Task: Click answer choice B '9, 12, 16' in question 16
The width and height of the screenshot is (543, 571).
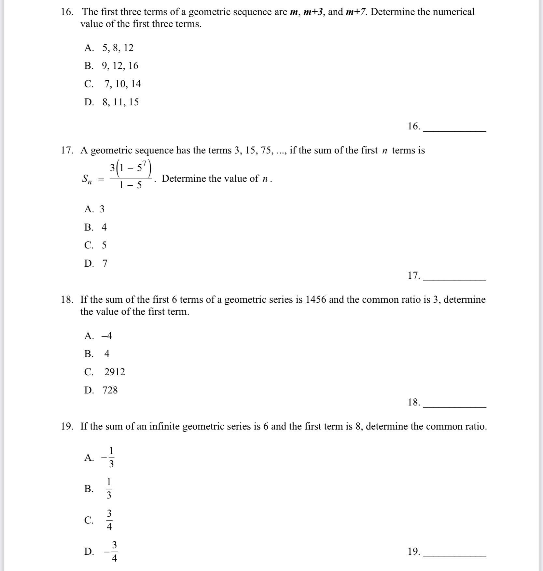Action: click(120, 66)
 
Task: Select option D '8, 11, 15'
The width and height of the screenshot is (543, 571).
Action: click(120, 102)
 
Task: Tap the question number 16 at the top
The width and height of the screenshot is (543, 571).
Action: click(67, 12)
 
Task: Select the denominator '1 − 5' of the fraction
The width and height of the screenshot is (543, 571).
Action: click(131, 185)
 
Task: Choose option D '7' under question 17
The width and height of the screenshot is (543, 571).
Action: click(105, 263)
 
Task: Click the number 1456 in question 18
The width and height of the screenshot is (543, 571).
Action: click(315, 299)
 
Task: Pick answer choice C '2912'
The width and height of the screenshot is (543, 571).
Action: click(114, 372)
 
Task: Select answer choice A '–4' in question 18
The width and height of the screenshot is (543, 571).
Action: click(107, 336)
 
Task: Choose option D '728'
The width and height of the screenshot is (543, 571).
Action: click(110, 390)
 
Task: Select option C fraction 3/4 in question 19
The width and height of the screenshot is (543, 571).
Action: click(109, 520)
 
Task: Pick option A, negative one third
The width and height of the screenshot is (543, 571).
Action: click(109, 457)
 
